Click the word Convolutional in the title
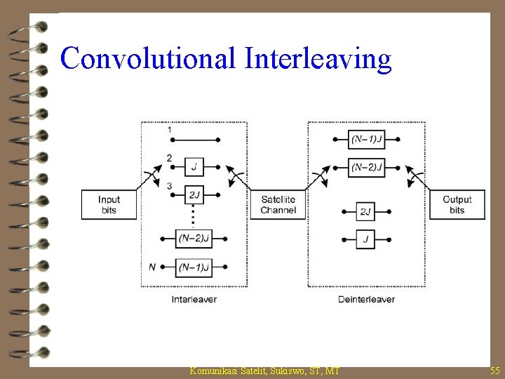point(149,59)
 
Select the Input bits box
point(109,205)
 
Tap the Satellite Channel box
point(278,205)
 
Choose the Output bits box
point(457,205)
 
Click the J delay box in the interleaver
point(194,167)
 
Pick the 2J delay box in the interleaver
point(194,194)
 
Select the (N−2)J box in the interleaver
point(194,239)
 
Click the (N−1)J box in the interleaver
point(194,267)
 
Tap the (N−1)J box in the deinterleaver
point(366,139)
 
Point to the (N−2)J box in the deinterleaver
point(366,167)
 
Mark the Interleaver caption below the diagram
point(194,300)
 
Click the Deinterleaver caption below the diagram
point(366,300)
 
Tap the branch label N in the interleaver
point(153,267)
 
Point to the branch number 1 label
point(169,130)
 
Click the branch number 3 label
point(169,186)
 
